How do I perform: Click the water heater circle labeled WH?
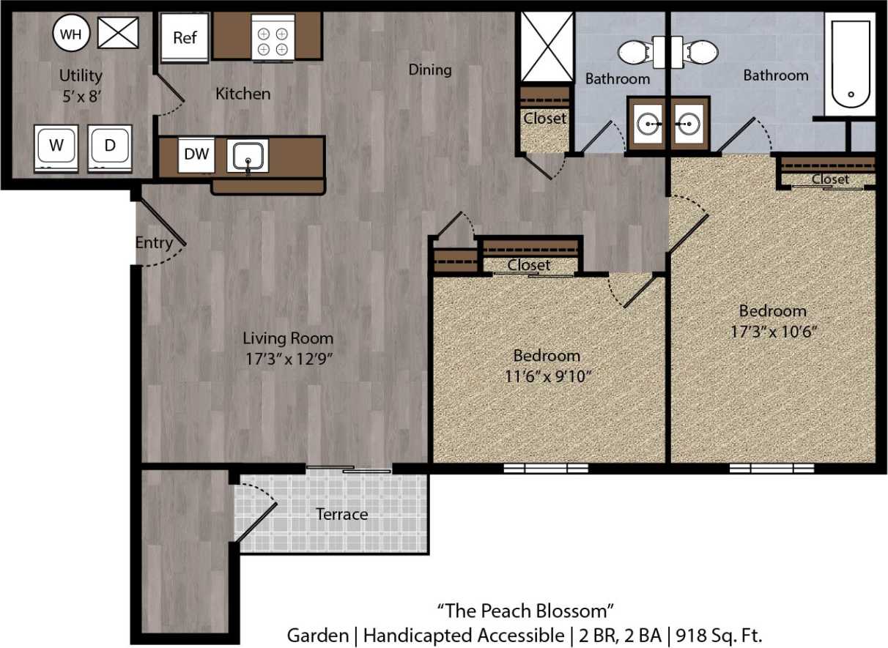click(x=71, y=34)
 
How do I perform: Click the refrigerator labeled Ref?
click(x=185, y=37)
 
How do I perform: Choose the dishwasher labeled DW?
click(x=196, y=154)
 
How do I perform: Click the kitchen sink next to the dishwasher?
click(x=248, y=156)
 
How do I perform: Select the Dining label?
click(x=430, y=70)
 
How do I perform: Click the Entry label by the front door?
click(x=154, y=242)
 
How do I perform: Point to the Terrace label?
click(x=341, y=514)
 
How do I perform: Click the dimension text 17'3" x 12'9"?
click(x=288, y=360)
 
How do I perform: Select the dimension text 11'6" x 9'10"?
click(x=547, y=376)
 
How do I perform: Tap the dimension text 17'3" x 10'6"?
click(x=773, y=331)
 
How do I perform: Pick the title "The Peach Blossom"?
click(x=525, y=609)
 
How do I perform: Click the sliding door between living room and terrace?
click(x=349, y=469)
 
